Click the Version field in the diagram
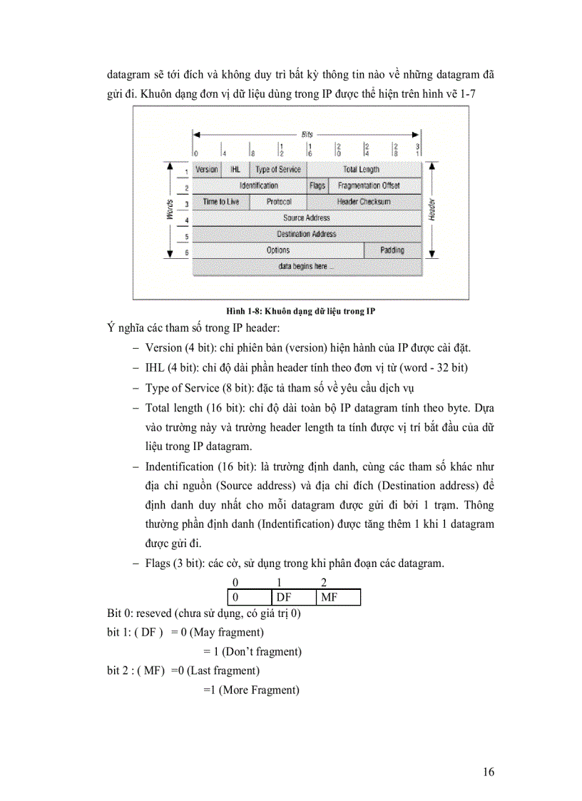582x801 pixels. [207, 170]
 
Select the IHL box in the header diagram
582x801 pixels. [235, 170]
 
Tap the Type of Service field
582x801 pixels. [278, 170]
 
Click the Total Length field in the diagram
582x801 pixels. [362, 170]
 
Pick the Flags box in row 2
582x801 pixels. [317, 185]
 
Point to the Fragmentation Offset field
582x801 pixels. [369, 185]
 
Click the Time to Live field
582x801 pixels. [221, 202]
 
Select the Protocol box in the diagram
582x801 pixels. [279, 202]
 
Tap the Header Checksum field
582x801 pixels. [364, 202]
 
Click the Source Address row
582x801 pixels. [307, 218]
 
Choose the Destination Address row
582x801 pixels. [307, 234]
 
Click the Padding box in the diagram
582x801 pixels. [392, 250]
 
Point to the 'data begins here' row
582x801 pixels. [307, 266]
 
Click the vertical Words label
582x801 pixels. [170, 210]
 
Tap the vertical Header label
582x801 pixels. [433, 210]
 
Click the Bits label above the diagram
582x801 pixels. [307, 134]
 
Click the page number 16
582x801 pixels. [489, 772]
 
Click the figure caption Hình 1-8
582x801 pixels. [300, 312]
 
